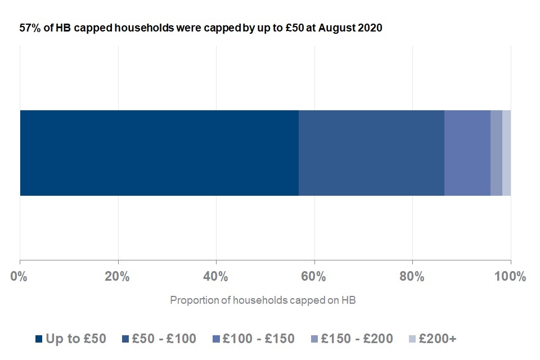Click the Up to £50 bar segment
tap(159, 153)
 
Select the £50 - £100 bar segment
tap(371, 153)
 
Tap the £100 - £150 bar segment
tap(467, 153)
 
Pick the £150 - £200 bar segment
tap(496, 153)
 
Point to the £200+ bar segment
tap(506, 153)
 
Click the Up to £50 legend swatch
tap(39, 339)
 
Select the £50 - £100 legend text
tap(164, 339)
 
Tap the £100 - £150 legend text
tap(258, 339)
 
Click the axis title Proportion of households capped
tap(263, 300)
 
